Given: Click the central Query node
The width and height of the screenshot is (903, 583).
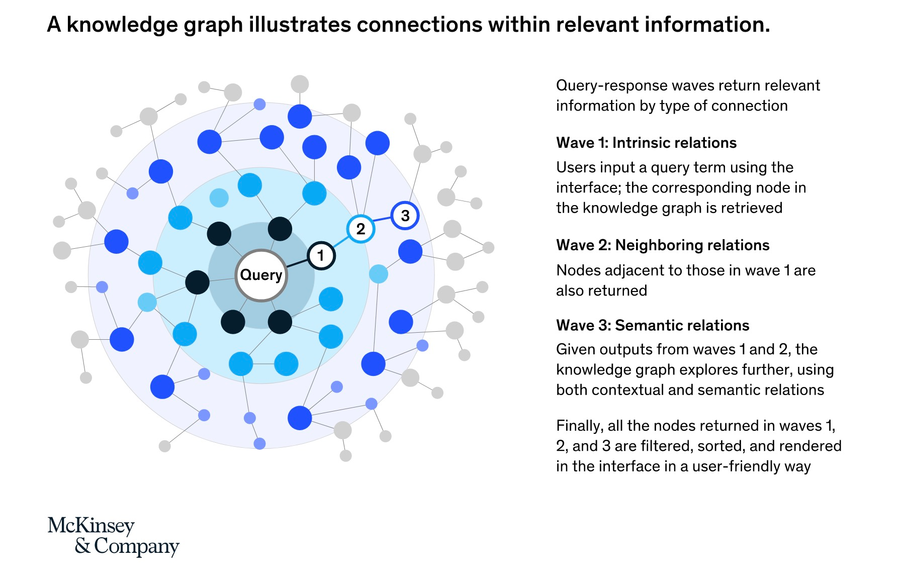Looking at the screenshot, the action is point(261,275).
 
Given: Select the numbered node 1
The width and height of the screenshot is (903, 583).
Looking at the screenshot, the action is point(321,256).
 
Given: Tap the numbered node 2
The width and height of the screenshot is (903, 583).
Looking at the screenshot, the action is point(360,229).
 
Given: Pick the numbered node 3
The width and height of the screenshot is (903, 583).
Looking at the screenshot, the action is point(405,216).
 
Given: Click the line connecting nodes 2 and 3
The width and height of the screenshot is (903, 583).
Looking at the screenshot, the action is point(383,223).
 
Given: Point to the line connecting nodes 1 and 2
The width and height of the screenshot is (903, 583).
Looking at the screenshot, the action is point(340,242).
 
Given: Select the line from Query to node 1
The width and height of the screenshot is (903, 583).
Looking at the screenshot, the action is point(297,263).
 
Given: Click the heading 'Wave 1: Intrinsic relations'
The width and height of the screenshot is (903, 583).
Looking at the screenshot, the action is point(646,143).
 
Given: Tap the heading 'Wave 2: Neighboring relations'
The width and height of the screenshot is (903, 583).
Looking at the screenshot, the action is point(663,245).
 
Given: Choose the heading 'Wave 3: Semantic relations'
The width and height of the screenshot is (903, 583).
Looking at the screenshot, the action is point(653,326).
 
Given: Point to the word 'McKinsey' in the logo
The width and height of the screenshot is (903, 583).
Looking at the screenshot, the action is point(91,526).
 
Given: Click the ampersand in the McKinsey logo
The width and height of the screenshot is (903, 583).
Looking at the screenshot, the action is point(82,545).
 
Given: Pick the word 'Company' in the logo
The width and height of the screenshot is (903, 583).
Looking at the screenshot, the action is point(137,547).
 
